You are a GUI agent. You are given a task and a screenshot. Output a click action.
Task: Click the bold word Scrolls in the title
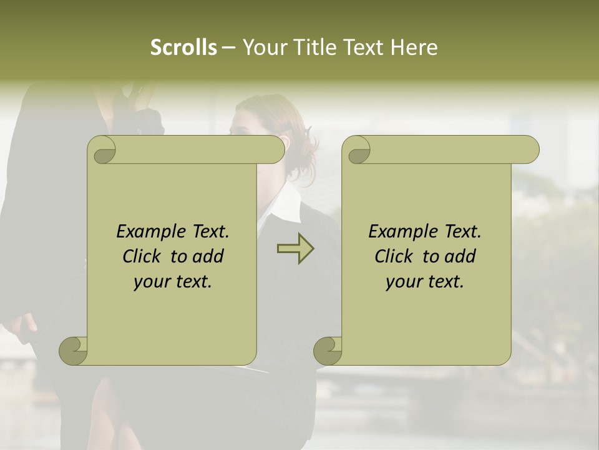pos(183,47)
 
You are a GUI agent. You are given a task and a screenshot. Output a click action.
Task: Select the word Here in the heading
pos(414,47)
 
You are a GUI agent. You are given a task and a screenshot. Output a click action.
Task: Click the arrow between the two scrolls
pos(295,249)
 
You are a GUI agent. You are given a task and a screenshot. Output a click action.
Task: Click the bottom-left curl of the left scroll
pos(73,351)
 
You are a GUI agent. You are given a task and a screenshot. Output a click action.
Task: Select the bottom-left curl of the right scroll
pos(328,351)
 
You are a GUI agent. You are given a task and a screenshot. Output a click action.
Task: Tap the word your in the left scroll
pos(150,282)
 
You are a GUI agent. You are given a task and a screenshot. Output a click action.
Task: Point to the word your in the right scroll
pos(402,282)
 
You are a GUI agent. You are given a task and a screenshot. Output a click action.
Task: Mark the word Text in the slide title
pos(364,47)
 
